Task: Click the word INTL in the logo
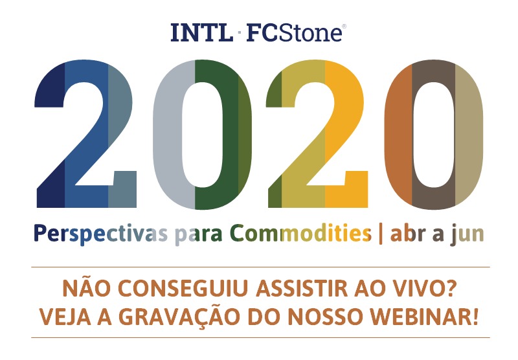click(x=201, y=32)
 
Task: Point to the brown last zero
click(x=433, y=136)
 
